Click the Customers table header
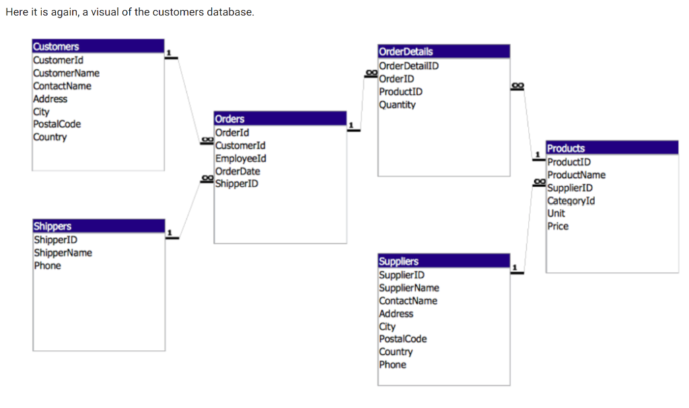click(98, 46)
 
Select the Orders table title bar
click(281, 118)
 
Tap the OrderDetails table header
click(444, 51)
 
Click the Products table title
click(612, 148)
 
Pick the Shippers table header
click(99, 226)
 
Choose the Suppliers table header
click(444, 261)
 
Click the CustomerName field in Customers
click(67, 73)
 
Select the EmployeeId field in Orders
click(241, 158)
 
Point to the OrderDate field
click(238, 171)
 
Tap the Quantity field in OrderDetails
click(397, 105)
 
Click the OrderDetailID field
click(408, 66)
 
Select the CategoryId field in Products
click(571, 201)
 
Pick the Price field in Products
click(558, 226)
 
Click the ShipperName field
click(63, 253)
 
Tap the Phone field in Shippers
click(48, 266)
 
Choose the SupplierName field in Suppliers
click(409, 288)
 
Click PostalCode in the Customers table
click(57, 124)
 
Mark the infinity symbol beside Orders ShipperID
click(207, 178)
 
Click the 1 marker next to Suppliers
click(515, 267)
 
